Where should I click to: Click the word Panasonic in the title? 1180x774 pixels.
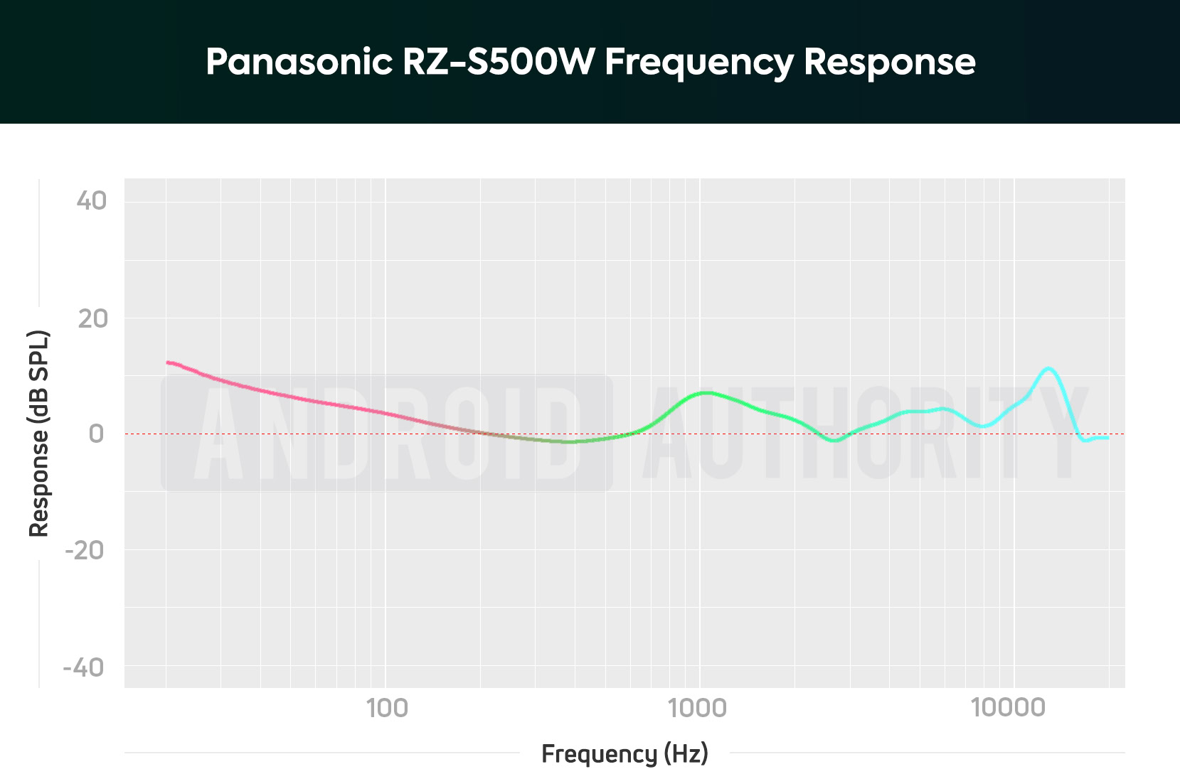(x=299, y=62)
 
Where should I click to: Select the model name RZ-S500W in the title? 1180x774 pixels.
(x=498, y=62)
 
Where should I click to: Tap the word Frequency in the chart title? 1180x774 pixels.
(x=698, y=63)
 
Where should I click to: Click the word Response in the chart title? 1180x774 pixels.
(x=889, y=63)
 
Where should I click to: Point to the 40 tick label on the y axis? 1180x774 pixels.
(x=92, y=201)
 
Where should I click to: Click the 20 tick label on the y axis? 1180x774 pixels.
(x=92, y=318)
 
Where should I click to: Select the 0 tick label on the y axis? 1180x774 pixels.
(x=96, y=434)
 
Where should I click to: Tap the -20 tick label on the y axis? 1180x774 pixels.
(x=85, y=550)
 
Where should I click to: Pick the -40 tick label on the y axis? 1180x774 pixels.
(x=84, y=667)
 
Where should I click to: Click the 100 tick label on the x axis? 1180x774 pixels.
(x=387, y=708)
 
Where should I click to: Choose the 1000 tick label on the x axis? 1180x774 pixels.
(x=697, y=708)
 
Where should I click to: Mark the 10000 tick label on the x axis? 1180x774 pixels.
(x=1009, y=708)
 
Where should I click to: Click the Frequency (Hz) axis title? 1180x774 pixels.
(x=624, y=753)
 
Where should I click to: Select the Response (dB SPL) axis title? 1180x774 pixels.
(x=38, y=434)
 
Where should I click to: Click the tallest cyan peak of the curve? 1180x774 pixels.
(x=1048, y=368)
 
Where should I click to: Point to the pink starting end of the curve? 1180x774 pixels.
(x=169, y=362)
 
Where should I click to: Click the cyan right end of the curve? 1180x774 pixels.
(x=1106, y=438)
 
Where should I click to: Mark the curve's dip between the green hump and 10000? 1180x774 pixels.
(x=834, y=441)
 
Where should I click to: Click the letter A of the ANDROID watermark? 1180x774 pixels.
(x=217, y=435)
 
